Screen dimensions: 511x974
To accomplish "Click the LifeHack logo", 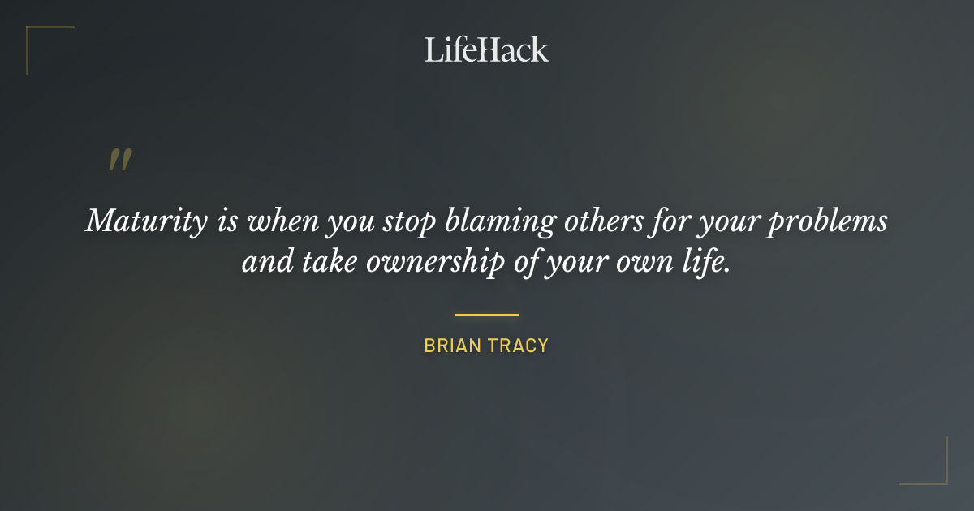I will click(486, 49).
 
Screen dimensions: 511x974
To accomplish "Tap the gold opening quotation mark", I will click(120, 160).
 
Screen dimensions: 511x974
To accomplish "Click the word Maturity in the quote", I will click(146, 222).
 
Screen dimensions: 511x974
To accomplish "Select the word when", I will click(278, 222).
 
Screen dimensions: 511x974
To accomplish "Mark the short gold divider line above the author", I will click(486, 315).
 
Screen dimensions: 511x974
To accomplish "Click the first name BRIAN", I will click(451, 346).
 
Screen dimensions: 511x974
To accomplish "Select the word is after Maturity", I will click(226, 221).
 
